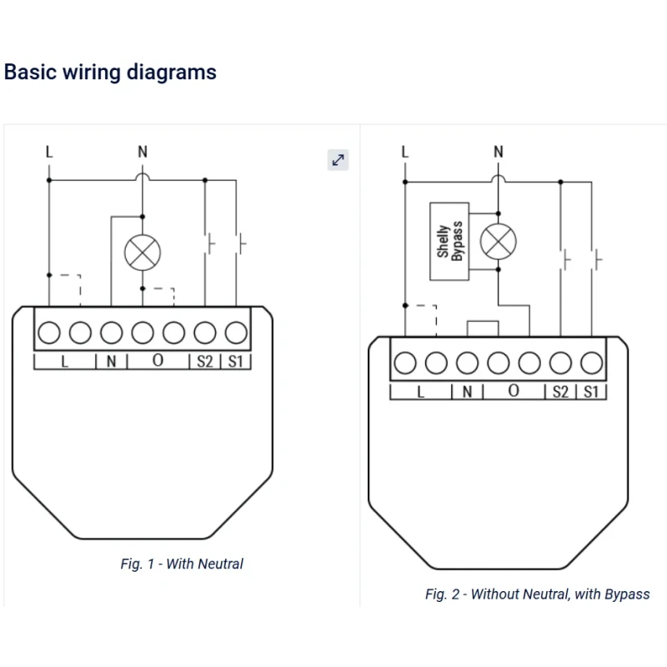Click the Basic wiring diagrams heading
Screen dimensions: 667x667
[x=110, y=73]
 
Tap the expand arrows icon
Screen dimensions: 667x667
[x=338, y=160]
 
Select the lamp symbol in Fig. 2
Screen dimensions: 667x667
[x=498, y=242]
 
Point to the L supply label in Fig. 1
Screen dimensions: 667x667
[x=49, y=152]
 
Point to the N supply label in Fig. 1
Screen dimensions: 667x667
[x=143, y=152]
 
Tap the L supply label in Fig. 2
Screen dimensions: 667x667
[x=405, y=152]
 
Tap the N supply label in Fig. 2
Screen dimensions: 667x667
[x=499, y=152]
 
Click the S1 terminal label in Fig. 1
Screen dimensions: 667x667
[x=236, y=362]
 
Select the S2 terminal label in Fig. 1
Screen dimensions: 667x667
[x=205, y=362]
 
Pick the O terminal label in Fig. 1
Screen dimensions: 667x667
[x=158, y=362]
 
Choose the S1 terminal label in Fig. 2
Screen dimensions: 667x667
[x=591, y=392]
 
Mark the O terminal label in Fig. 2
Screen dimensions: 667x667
[x=514, y=391]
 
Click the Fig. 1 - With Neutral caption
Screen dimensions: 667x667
[x=182, y=564]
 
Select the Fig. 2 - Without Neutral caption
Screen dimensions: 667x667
[x=537, y=594]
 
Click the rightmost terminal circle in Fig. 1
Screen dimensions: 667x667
[x=236, y=333]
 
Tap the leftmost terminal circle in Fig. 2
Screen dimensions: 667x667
[x=405, y=363]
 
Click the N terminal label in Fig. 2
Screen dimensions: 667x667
[x=467, y=392]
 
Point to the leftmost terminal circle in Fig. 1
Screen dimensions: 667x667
[x=49, y=333]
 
